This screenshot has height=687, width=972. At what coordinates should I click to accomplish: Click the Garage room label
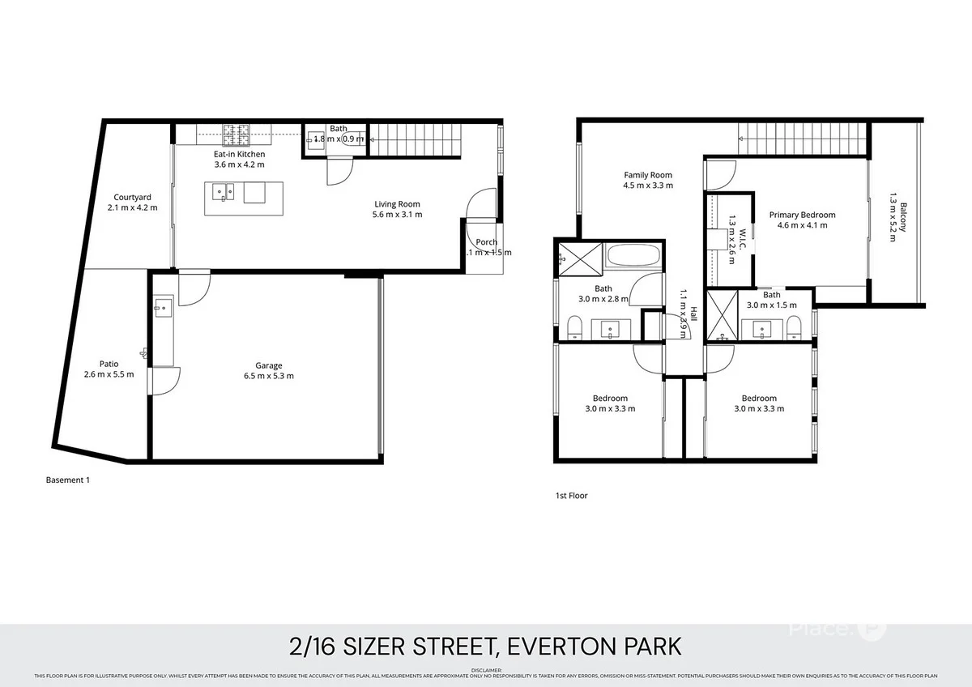coord(268,365)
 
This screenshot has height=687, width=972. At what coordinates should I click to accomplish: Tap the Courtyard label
coord(132,197)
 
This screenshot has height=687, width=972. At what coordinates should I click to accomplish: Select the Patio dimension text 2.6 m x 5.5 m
coord(109,374)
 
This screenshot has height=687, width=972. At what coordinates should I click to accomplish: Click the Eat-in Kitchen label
coord(239,154)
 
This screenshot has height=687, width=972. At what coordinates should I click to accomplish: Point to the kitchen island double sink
coord(223,192)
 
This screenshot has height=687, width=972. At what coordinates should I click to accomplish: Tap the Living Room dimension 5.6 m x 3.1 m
coord(398,215)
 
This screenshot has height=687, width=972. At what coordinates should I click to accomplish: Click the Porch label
coord(487,242)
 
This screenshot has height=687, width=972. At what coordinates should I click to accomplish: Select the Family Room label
coord(647,175)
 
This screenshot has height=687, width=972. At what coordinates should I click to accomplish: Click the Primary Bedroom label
coord(802,215)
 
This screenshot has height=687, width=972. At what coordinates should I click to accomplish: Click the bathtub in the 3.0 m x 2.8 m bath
coord(633,258)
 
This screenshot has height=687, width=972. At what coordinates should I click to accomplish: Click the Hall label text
coord(694,312)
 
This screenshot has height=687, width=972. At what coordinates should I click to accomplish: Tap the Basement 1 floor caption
coord(68,480)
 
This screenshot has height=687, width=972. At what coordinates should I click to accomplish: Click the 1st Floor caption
coord(572,495)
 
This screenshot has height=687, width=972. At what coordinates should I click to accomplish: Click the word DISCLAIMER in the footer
coord(486,669)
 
